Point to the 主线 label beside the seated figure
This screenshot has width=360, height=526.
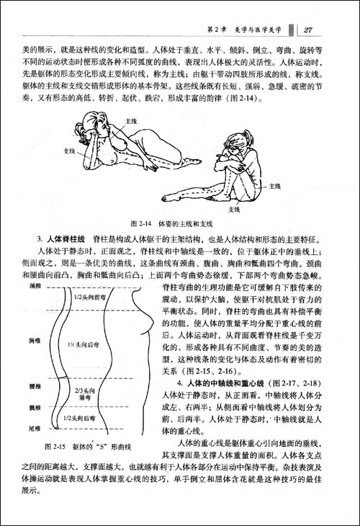(274, 187)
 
